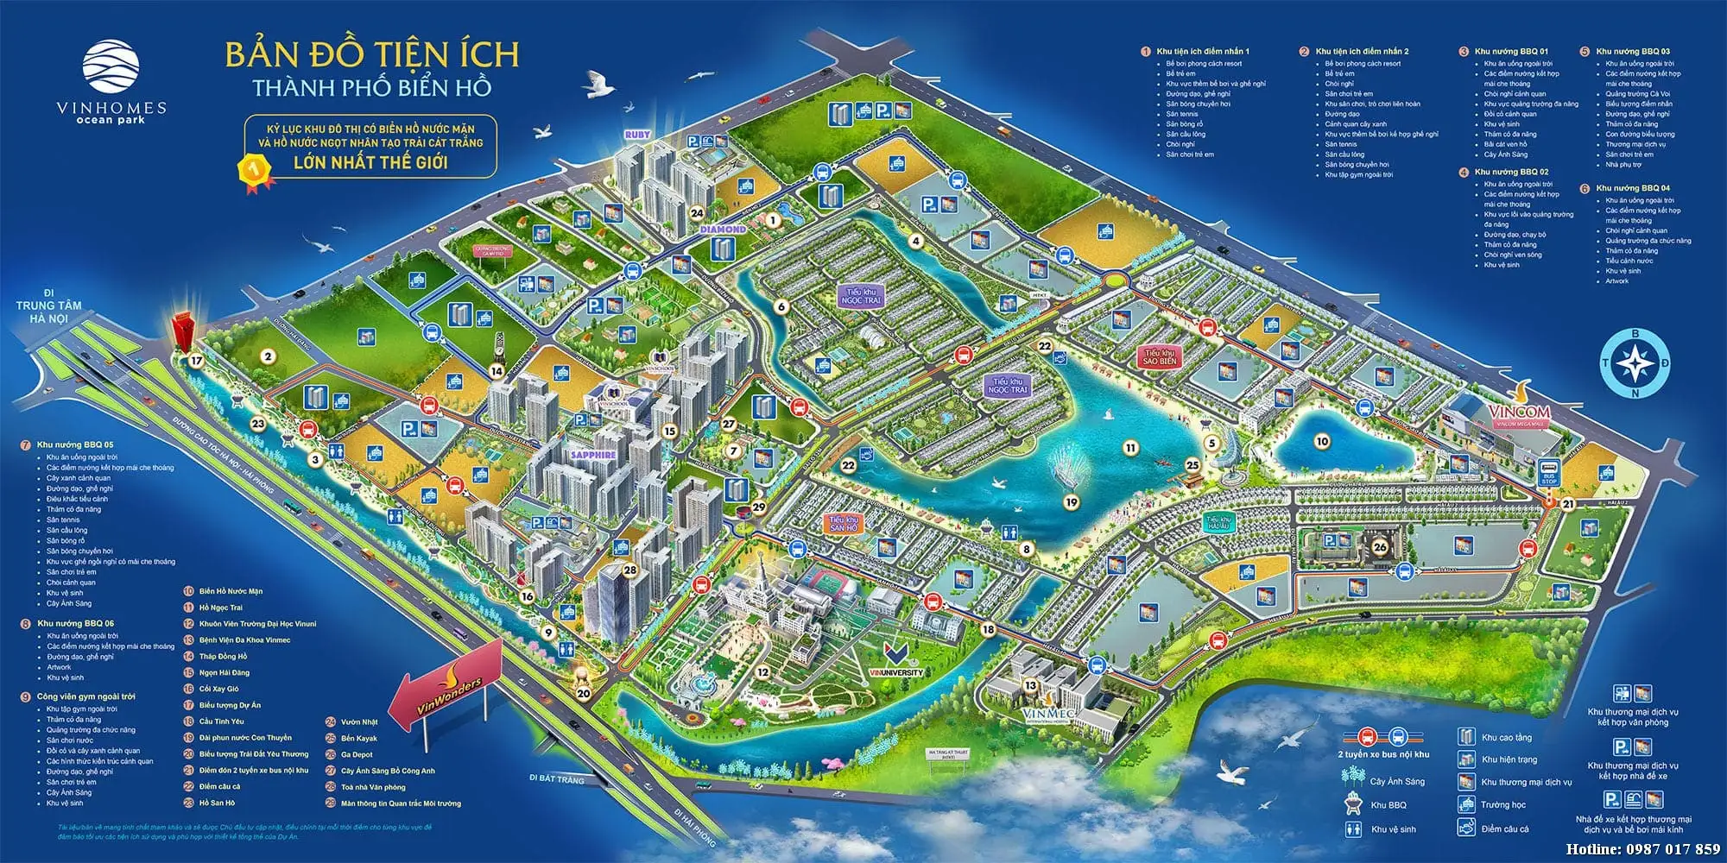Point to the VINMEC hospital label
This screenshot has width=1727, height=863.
point(1049,715)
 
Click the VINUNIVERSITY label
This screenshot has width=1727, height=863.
point(895,672)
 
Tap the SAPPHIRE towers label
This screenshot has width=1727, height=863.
point(593,454)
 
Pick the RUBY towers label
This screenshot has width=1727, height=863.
point(637,135)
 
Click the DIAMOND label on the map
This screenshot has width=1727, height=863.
point(722,230)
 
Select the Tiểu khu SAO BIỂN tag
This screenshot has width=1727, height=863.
point(1160,357)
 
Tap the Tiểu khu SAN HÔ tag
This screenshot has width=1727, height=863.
point(843,523)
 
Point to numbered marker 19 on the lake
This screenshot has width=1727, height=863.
point(1072,501)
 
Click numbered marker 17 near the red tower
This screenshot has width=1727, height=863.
point(196,361)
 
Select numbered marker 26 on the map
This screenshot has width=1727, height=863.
point(1380,545)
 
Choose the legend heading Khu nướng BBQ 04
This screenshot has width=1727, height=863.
point(1632,187)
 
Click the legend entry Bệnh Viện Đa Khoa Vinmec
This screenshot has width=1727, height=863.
point(244,639)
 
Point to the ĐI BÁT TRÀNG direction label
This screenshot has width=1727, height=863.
point(557,778)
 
